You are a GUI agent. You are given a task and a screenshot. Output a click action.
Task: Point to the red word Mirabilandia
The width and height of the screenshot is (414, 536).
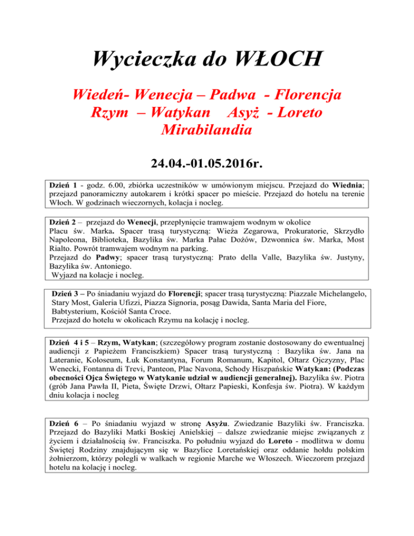coord(207,130)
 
